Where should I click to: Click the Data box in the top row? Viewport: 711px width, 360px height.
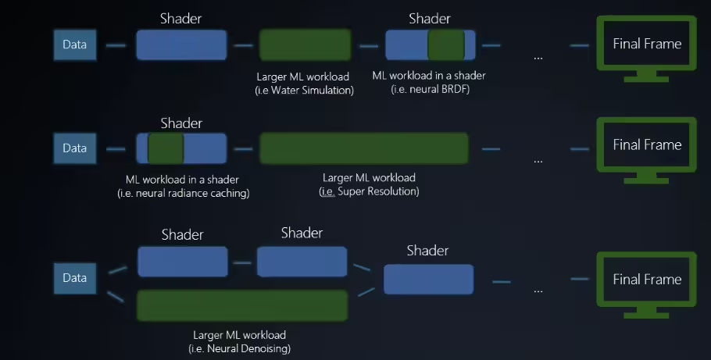click(x=75, y=45)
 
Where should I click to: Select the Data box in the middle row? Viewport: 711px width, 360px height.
click(x=75, y=148)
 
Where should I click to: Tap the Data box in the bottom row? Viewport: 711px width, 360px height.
click(x=75, y=278)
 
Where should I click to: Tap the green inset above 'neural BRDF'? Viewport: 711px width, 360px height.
click(x=446, y=45)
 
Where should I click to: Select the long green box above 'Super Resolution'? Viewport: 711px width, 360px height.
click(x=363, y=148)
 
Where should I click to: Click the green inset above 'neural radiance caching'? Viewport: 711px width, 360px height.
click(x=165, y=148)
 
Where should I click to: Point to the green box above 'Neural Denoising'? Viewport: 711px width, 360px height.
click(x=242, y=305)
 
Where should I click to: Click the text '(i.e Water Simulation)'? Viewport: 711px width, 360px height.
click(x=305, y=91)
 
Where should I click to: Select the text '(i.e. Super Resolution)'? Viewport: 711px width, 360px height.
click(x=370, y=191)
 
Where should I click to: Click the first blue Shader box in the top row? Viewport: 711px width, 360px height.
click(x=181, y=45)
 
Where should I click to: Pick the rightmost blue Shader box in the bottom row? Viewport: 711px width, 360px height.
click(x=428, y=279)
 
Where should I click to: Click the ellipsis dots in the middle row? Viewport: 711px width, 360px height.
click(x=538, y=160)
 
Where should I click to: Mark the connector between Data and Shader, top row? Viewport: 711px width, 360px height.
click(x=116, y=45)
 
